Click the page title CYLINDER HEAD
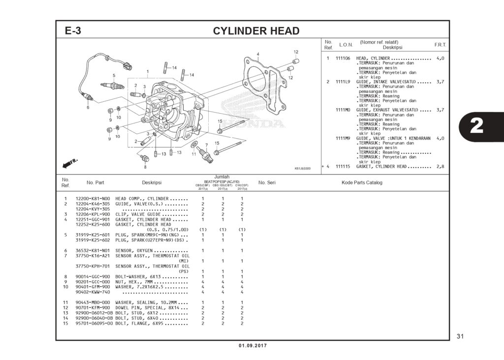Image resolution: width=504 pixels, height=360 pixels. (256, 31)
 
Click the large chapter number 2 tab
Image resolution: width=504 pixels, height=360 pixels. (476, 126)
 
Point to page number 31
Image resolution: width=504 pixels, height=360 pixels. (460, 336)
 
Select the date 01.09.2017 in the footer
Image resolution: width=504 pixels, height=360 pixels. (252, 346)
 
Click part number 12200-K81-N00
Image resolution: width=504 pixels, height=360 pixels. (93, 198)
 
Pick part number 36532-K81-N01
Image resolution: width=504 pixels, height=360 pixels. (93, 250)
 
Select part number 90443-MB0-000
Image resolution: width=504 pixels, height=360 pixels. (93, 302)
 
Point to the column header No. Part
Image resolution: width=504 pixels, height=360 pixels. (95, 182)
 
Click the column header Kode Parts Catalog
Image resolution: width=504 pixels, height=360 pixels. (362, 182)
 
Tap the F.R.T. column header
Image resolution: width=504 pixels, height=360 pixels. (440, 45)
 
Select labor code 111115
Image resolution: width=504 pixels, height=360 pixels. (343, 166)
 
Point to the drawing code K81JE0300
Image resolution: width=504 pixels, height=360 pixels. (303, 169)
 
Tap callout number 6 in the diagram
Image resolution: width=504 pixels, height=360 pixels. (88, 107)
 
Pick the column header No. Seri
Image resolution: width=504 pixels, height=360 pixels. (267, 182)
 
